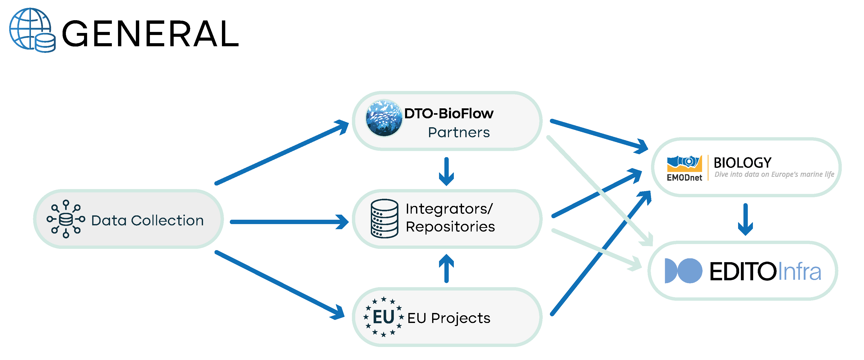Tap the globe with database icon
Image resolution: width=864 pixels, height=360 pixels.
(32, 30)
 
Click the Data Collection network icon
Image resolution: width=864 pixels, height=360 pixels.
(66, 219)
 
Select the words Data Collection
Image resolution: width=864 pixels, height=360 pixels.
(147, 221)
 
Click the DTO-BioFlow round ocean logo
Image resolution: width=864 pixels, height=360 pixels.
(384, 118)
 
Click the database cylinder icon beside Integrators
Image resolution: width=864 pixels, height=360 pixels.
(384, 218)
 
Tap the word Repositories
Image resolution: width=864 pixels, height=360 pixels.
(450, 227)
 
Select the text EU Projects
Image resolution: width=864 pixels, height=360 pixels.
(449, 318)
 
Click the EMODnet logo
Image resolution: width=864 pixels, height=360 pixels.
(684, 168)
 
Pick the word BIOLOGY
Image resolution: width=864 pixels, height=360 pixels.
(742, 163)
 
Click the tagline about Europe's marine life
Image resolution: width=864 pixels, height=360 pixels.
(774, 175)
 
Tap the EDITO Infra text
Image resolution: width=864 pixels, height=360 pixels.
(765, 271)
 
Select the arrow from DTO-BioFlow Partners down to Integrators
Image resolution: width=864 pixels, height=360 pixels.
(446, 171)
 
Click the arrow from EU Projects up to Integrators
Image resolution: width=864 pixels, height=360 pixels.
(446, 269)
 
